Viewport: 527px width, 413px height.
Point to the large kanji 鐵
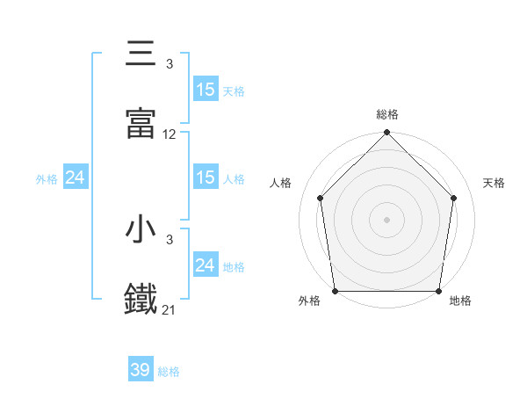point(141,299)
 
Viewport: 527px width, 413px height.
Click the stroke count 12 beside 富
point(170,134)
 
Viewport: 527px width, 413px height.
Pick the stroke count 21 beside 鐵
point(170,310)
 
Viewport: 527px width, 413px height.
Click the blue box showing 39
point(141,370)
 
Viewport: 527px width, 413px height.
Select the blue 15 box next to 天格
point(206,90)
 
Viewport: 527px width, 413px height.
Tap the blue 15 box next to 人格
point(206,178)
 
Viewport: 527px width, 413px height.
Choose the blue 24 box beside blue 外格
point(76,178)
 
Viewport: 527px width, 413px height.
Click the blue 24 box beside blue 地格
point(206,265)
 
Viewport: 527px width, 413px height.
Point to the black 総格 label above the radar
point(387,114)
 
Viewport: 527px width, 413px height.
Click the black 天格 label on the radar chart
point(494,184)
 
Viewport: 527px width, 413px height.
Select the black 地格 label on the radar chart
point(460,301)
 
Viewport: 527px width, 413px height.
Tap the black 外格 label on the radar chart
point(309,301)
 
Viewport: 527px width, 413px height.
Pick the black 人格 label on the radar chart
point(281,184)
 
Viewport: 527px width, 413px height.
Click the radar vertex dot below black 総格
point(387,134)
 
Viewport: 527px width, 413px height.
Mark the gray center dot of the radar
point(387,219)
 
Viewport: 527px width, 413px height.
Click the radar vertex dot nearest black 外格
point(336,291)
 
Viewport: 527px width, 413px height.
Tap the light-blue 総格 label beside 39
point(169,372)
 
